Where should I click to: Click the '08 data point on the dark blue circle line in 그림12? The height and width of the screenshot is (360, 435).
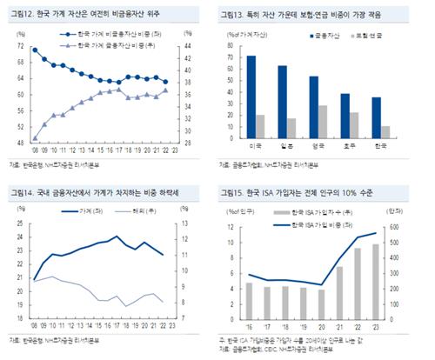(x=35, y=50)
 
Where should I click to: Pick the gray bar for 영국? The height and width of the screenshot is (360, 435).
(x=324, y=123)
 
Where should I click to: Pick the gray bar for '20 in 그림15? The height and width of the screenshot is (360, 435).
(x=321, y=302)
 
